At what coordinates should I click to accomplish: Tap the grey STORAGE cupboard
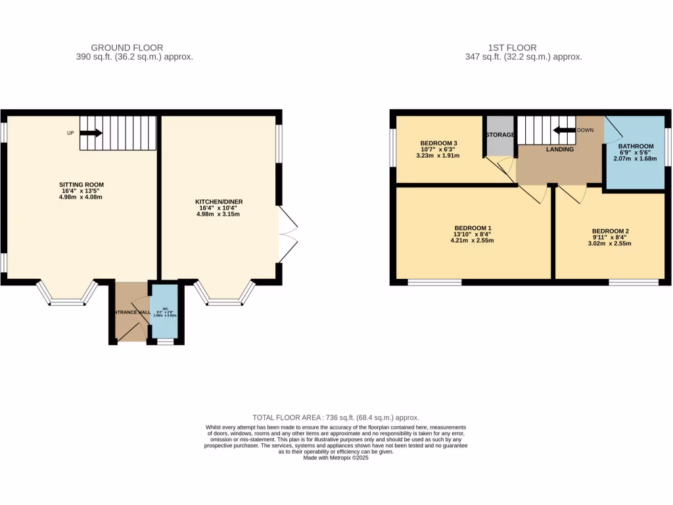pos(499,135)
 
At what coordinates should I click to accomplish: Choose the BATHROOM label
pos(635,146)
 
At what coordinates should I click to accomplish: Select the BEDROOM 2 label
pos(611,231)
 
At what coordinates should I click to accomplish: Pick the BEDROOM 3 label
pos(438,143)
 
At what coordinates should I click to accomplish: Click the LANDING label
pos(559,149)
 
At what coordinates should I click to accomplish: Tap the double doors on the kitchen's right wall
pos(288,233)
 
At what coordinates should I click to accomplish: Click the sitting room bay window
pos(66,296)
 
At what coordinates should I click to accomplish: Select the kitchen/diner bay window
pos(225,296)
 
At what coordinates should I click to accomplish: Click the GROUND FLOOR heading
pos(127,47)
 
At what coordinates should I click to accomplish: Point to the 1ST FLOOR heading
pos(512,47)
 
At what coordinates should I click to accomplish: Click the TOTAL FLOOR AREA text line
pos(336,418)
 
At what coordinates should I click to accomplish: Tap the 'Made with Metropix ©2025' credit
pos(336,458)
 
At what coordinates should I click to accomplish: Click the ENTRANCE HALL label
pos(129,312)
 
